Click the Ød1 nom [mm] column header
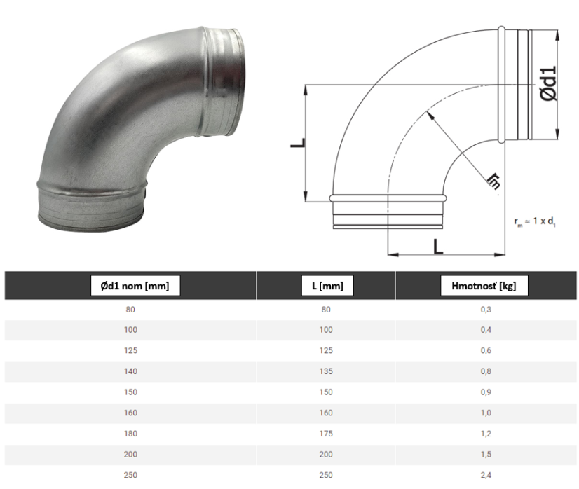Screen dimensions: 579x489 [135, 286]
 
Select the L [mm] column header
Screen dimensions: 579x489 [327, 286]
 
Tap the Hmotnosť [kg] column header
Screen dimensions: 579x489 [484, 286]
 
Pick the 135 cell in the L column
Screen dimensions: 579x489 [326, 371]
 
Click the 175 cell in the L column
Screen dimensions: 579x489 [326, 434]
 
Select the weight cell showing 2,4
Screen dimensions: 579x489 [486, 476]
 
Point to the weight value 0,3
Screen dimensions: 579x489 [486, 310]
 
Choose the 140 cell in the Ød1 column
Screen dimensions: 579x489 [130, 371]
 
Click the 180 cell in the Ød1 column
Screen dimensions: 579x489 [130, 434]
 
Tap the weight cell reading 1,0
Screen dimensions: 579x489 [486, 413]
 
